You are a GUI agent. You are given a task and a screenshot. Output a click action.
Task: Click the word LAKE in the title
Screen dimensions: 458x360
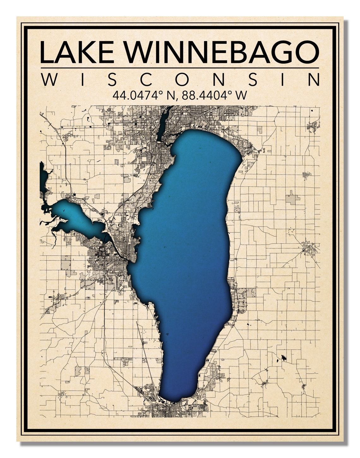pos(77,52)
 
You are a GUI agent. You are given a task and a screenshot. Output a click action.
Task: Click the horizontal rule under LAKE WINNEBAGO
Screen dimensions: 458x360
pos(180,68)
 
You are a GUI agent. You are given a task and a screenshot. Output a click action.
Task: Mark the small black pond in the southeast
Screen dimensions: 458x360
pos(283,358)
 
